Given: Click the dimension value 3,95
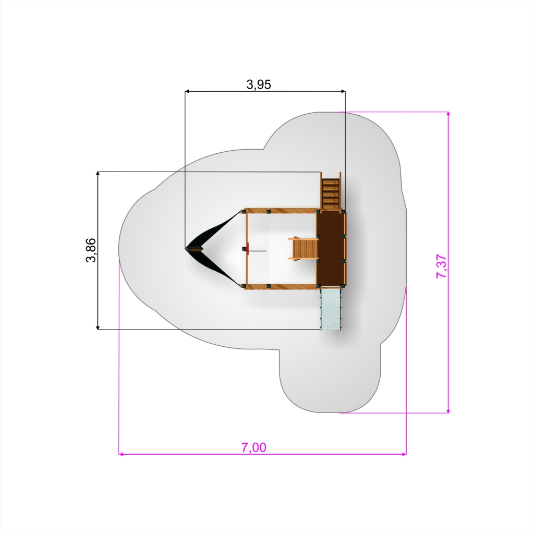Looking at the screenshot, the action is (x=259, y=84).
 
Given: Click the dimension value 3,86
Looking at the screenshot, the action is (x=91, y=250).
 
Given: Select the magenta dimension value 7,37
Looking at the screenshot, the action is (x=441, y=266).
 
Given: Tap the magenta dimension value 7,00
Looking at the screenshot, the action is (x=254, y=447).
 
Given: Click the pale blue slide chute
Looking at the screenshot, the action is (x=331, y=309).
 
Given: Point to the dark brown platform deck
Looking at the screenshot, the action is (x=330, y=249).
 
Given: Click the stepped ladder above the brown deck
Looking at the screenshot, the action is (x=331, y=192).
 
